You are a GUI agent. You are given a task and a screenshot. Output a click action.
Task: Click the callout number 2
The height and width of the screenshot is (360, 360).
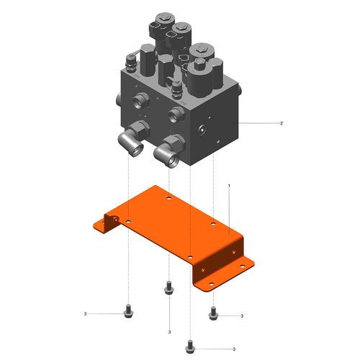pos(282,123)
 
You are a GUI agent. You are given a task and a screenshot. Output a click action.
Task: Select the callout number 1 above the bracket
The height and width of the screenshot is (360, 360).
pos(229,186)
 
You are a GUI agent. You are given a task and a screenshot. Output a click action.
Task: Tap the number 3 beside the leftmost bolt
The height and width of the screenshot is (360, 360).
pos(85,314)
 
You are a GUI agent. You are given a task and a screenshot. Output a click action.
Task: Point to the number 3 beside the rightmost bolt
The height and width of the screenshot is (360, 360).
pos(242,316)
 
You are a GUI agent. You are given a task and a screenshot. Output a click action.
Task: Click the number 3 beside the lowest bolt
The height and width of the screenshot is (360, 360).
pos(234,349)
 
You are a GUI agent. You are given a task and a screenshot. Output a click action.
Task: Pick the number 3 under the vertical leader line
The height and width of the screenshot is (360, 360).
pos(169,333)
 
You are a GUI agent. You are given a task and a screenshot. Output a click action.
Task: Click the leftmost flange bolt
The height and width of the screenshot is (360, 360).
pos(128,311)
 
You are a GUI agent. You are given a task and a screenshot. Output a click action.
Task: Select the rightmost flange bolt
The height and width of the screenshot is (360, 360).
pos(213,313)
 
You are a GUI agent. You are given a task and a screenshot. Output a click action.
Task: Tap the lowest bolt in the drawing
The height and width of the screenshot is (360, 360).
pos(190,346)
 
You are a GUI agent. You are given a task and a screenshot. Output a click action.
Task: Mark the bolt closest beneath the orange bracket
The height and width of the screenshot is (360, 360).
pos(169,287)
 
